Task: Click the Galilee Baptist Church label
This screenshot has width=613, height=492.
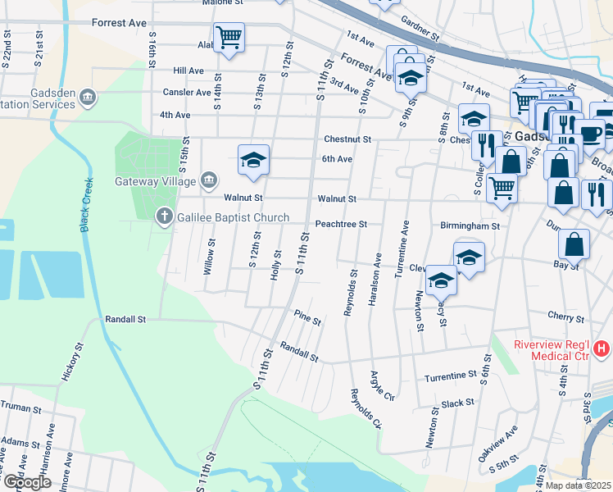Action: (231, 217)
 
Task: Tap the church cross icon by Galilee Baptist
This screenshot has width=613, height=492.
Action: (164, 216)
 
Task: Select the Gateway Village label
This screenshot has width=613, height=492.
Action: (155, 181)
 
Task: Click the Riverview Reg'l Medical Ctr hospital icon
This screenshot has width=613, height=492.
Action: (602, 349)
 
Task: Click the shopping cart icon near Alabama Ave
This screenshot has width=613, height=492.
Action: (229, 36)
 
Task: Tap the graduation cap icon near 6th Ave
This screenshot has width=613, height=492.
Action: (253, 159)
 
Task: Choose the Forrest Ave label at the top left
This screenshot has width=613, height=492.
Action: (120, 23)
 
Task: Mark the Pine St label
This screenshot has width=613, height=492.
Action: (306, 317)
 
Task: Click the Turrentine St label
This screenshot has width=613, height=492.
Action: (450, 376)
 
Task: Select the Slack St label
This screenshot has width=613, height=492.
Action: (457, 403)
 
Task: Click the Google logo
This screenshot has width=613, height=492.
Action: (27, 482)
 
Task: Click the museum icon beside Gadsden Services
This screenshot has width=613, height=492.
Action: (89, 99)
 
